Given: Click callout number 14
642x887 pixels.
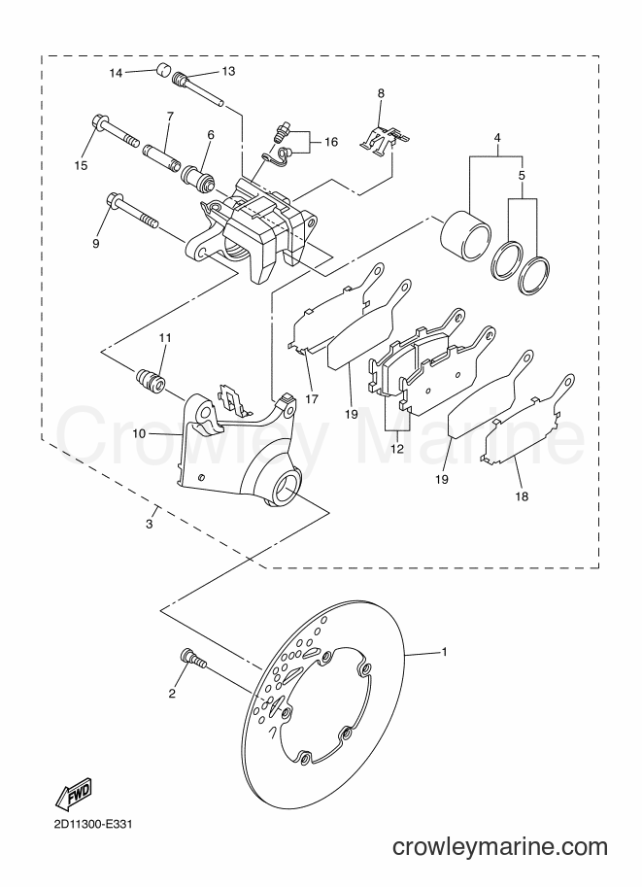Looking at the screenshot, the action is pyautogui.click(x=116, y=73).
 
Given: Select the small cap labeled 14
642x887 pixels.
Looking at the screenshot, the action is pyautogui.click(x=163, y=72).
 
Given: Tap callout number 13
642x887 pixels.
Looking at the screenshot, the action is pyautogui.click(x=228, y=71).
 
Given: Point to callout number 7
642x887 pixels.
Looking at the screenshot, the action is pyautogui.click(x=169, y=116).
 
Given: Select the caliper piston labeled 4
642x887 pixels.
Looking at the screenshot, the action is pyautogui.click(x=465, y=238).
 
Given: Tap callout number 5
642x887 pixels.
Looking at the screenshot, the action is pyautogui.click(x=523, y=176).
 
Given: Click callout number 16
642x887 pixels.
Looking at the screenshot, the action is pyautogui.click(x=331, y=142).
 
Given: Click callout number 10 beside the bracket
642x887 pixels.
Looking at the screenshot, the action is pyautogui.click(x=139, y=434).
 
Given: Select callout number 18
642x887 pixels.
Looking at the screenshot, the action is pyautogui.click(x=522, y=496).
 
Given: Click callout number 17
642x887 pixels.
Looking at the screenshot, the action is pyautogui.click(x=312, y=399).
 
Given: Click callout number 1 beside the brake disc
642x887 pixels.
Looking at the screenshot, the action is pyautogui.click(x=445, y=652).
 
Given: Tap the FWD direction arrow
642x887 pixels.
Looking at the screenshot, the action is pyautogui.click(x=73, y=796).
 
